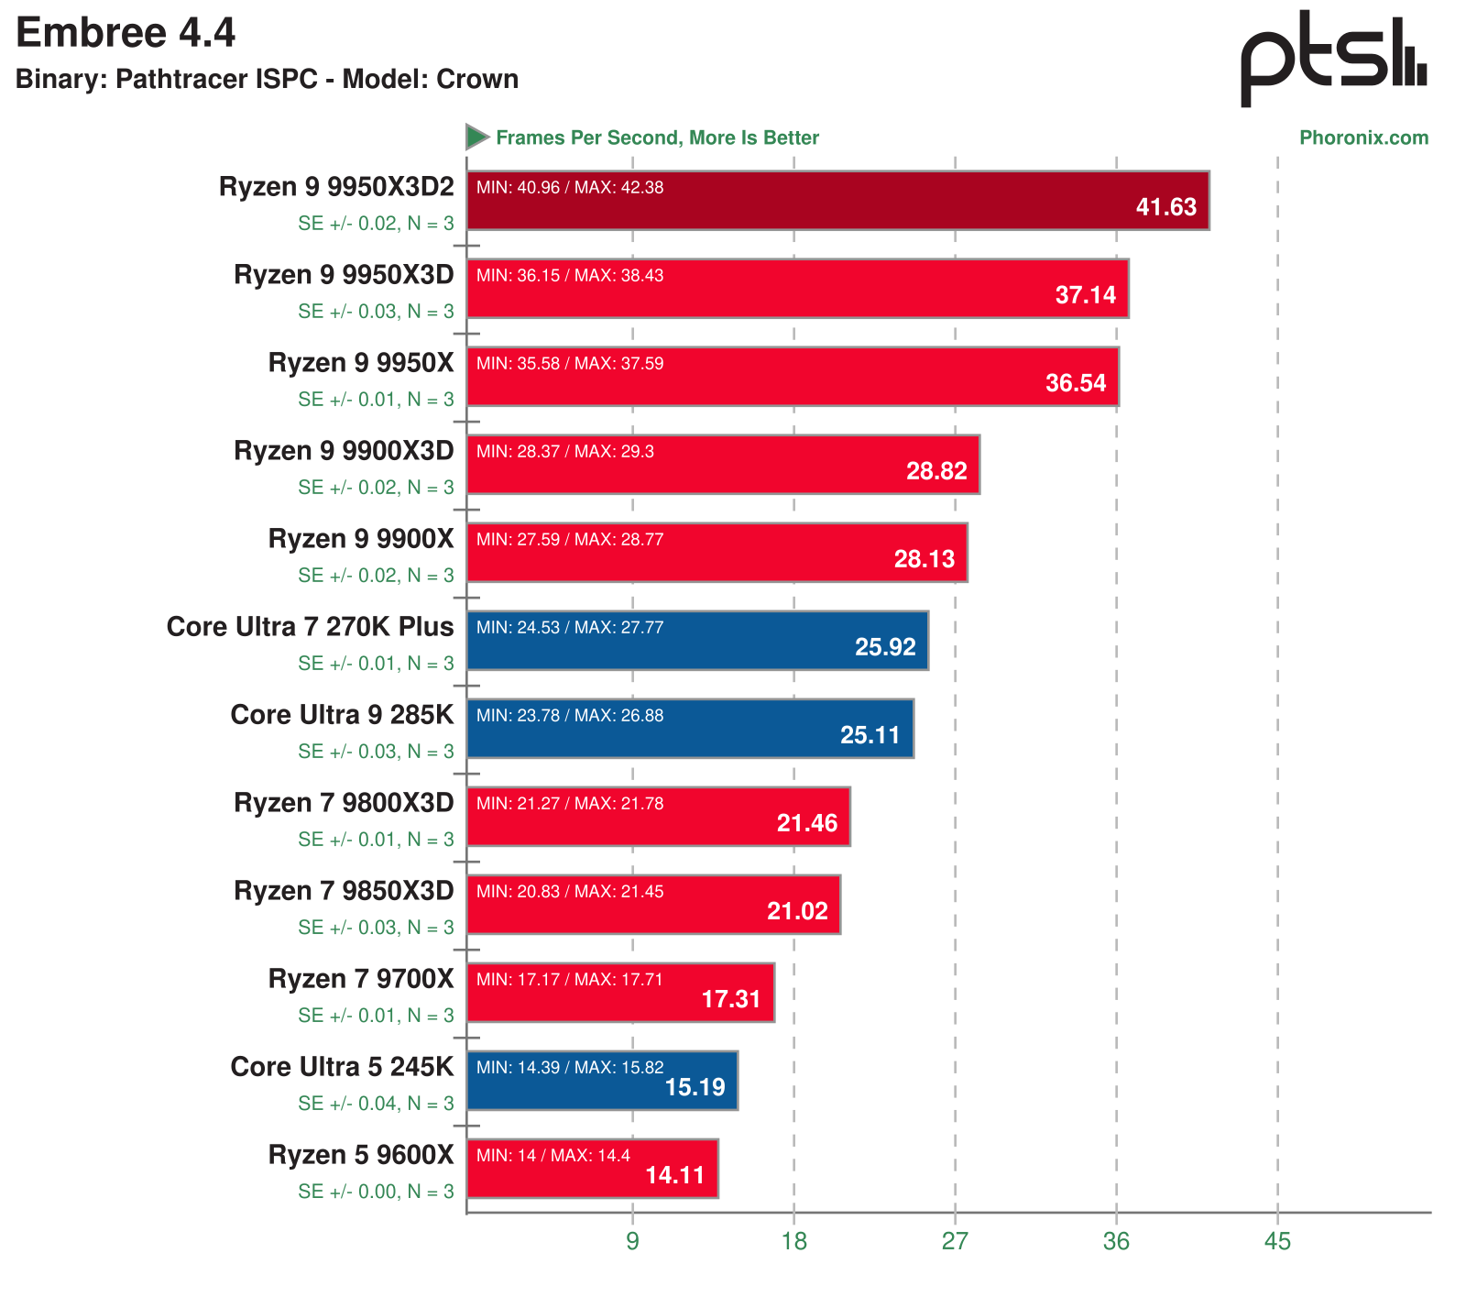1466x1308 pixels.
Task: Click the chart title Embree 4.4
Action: coord(126,34)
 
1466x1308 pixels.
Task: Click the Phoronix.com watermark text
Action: coord(1363,138)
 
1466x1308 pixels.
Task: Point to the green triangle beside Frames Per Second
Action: coord(476,137)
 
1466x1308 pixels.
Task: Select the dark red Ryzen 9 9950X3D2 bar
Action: coord(837,201)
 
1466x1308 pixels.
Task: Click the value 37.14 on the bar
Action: coord(1085,295)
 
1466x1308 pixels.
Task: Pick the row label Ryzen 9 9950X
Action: coord(361,363)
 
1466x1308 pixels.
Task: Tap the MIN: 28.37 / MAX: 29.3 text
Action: coord(565,452)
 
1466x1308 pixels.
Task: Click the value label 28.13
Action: coord(924,559)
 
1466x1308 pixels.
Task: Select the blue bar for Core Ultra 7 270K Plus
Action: coord(697,641)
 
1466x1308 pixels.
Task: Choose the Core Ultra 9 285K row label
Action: coord(342,715)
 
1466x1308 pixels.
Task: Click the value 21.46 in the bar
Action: coord(806,823)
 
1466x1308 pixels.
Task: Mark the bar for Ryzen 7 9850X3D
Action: coord(653,905)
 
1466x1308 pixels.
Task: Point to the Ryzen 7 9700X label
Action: coord(361,979)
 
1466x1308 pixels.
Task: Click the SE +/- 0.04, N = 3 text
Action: coord(376,1104)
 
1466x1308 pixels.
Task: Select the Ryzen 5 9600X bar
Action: coord(592,1169)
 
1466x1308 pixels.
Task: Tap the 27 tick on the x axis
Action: coord(955,1242)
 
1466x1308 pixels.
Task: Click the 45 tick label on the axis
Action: coord(1277,1242)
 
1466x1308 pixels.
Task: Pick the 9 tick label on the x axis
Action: coord(632,1242)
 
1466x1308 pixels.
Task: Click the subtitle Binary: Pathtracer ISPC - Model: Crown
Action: coord(267,80)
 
